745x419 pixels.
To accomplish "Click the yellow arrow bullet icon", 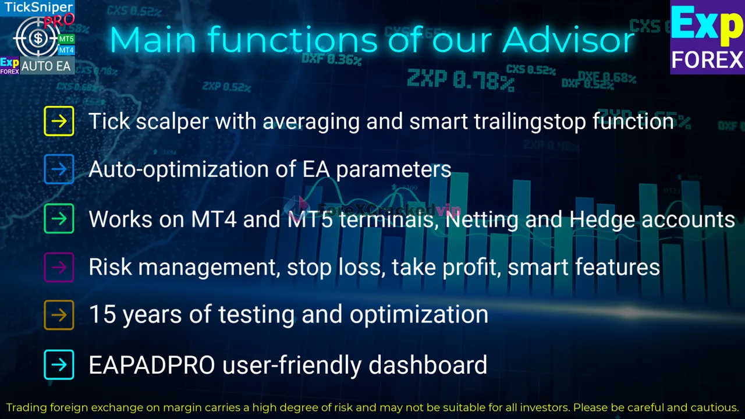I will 59,121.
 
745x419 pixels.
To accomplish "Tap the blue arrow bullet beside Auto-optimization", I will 59,169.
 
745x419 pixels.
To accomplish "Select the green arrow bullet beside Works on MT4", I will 59,219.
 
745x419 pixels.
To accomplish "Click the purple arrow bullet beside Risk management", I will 59,267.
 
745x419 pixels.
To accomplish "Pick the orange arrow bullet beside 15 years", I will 59,315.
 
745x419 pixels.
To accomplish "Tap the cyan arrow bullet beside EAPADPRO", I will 59,365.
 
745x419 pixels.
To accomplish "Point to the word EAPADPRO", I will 151,365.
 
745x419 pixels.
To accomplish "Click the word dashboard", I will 428,365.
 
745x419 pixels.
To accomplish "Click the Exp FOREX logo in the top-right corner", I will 707,37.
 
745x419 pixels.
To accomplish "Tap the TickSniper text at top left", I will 38,8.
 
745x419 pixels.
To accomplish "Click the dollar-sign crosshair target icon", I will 37,38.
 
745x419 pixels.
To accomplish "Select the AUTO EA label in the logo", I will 46,66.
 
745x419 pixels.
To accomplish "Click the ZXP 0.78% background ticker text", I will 460,80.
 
